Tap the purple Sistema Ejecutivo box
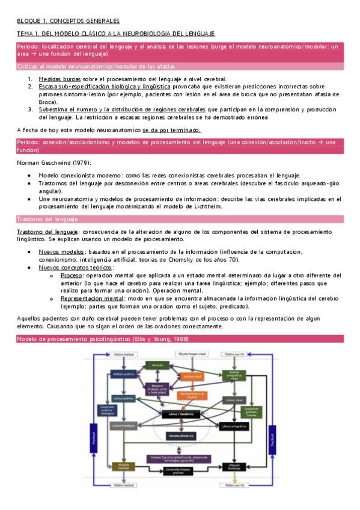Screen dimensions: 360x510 coord(181,459)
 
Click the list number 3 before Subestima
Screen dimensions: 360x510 coord(30,109)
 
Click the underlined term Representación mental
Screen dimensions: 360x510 coord(90,297)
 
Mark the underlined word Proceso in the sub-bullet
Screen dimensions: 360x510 coord(73,274)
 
